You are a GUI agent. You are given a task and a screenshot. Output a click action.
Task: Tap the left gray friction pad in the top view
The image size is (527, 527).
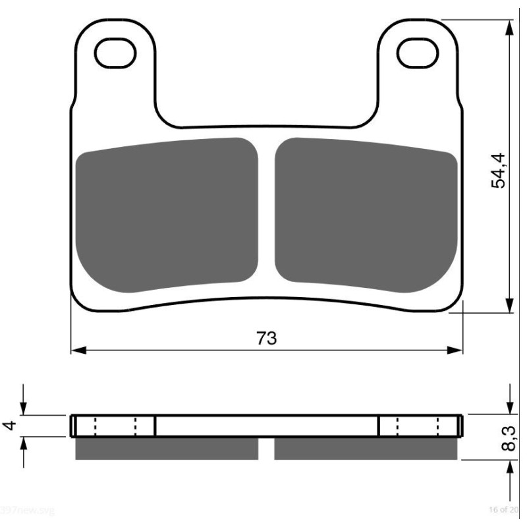click(167, 214)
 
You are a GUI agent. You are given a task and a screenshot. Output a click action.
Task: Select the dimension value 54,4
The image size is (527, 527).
click(499, 171)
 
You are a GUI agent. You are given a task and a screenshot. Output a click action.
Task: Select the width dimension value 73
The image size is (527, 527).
click(266, 339)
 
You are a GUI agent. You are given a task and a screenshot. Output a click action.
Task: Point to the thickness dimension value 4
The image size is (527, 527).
click(9, 426)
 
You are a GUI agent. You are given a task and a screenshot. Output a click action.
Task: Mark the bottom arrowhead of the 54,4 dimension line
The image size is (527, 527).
click(509, 305)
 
